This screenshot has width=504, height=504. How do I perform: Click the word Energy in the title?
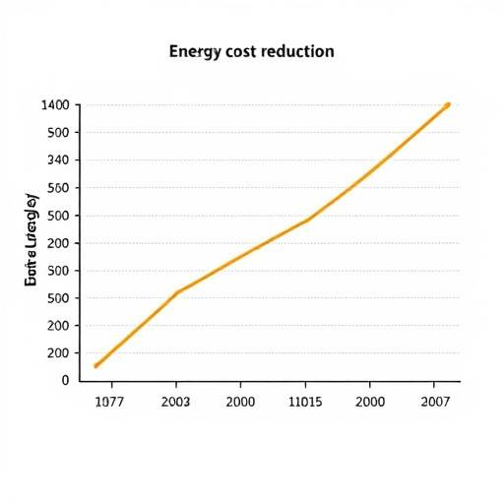click(x=196, y=51)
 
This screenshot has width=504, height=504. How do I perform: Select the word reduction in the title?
click(x=298, y=51)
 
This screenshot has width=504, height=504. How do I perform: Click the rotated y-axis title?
click(x=31, y=241)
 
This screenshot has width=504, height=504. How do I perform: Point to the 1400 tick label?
click(x=55, y=105)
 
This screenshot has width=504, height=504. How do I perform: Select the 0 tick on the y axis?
click(x=65, y=380)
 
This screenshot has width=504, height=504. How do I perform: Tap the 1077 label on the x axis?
click(x=110, y=402)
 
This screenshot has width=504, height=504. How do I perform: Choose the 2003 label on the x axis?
click(x=175, y=402)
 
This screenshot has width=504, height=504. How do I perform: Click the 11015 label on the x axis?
click(x=305, y=402)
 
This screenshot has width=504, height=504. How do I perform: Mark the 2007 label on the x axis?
click(x=434, y=402)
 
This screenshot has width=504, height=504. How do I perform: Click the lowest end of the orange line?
click(x=95, y=366)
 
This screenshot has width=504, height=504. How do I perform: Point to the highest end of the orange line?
click(x=448, y=104)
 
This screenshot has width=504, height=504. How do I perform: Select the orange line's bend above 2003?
click(x=177, y=291)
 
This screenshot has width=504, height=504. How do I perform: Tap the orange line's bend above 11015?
click(x=307, y=220)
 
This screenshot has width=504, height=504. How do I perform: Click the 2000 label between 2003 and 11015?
click(x=240, y=402)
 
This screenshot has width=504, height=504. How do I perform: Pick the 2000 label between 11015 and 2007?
click(x=369, y=402)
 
